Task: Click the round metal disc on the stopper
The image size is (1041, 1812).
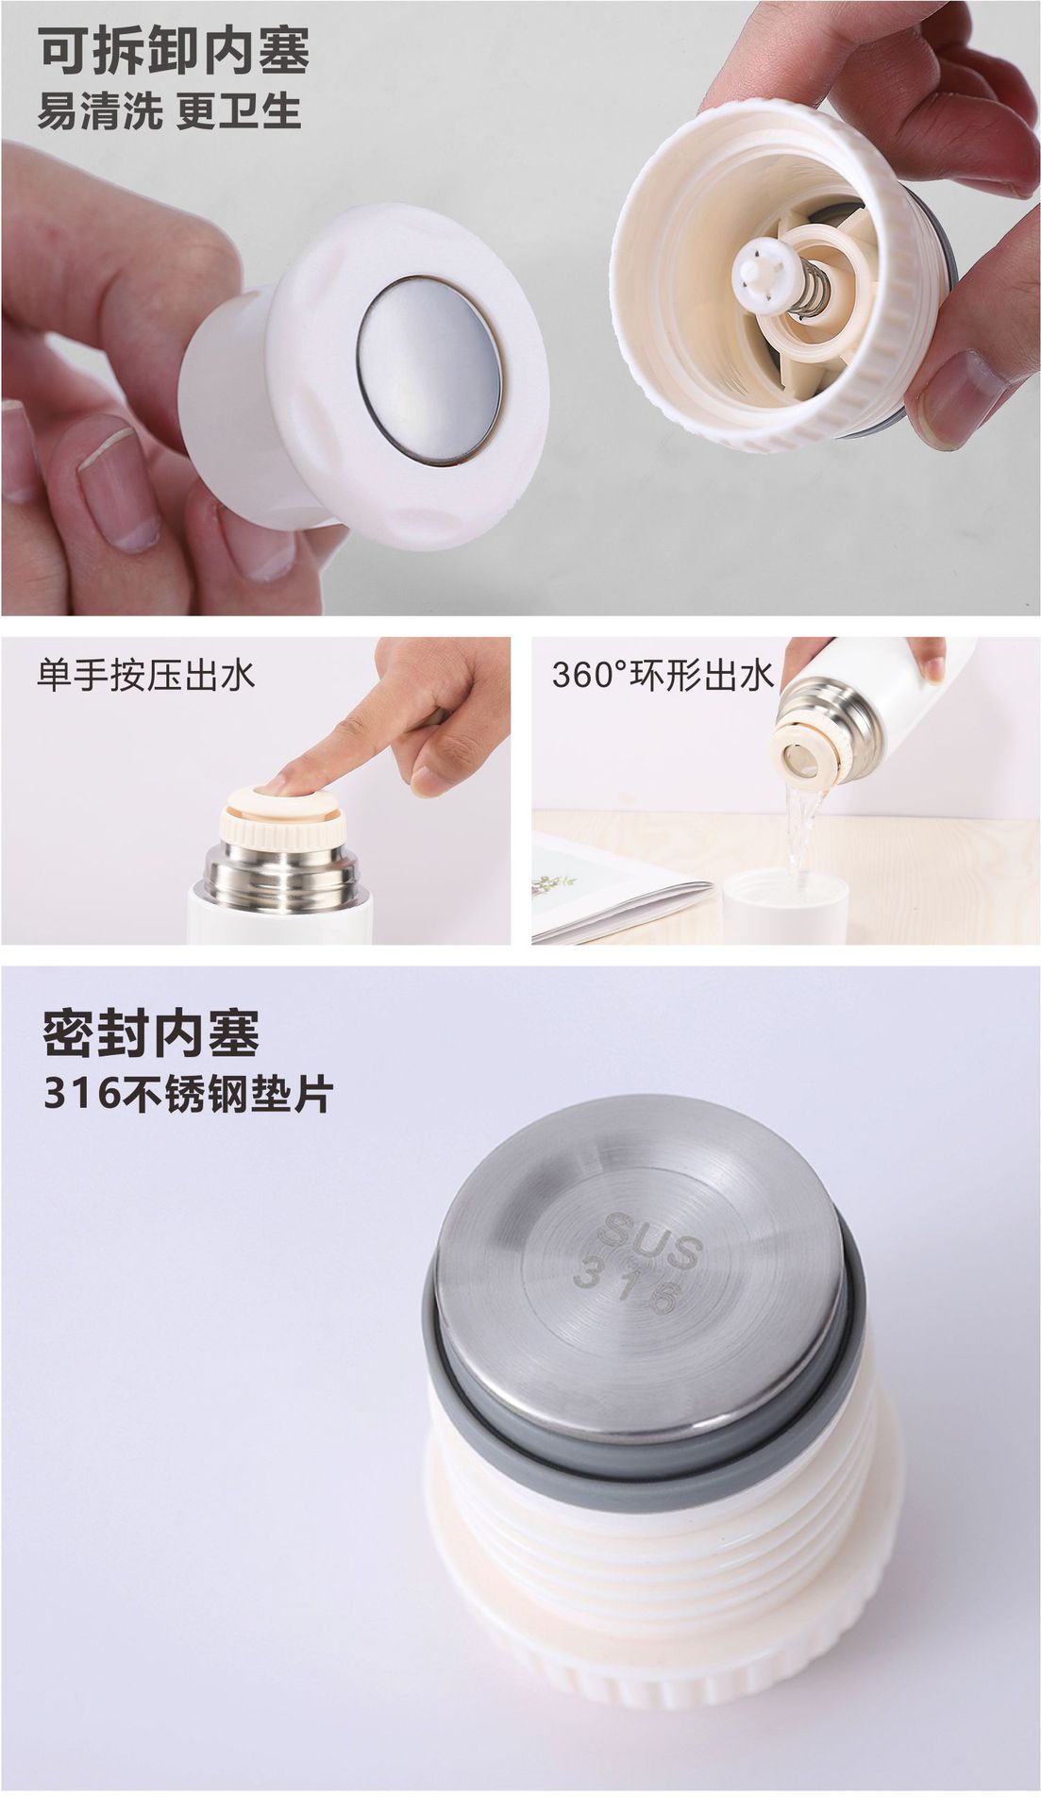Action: (x=429, y=370)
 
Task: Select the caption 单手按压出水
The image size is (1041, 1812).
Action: (x=146, y=676)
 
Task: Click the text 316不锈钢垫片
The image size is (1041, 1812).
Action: (x=188, y=1095)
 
